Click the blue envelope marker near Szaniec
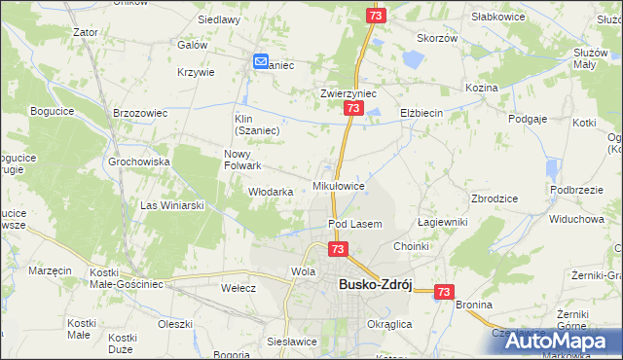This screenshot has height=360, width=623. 261,61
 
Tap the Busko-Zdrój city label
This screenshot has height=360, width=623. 376,284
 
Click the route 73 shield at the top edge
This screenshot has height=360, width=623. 376,17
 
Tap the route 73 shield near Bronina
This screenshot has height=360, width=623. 445,291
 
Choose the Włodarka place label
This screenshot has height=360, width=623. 271,192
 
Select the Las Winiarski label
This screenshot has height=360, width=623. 172,205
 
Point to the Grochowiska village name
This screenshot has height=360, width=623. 139,162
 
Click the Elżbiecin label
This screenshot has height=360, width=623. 421,113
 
